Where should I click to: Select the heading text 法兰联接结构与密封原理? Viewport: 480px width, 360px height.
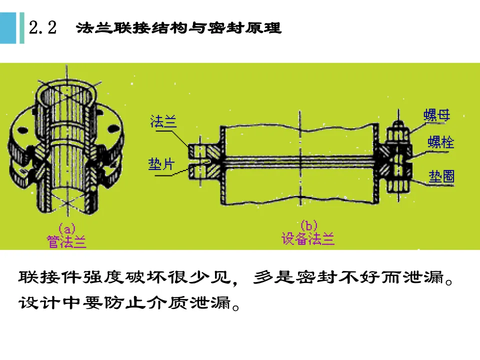[178, 28]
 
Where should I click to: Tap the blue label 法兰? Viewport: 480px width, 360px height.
[163, 122]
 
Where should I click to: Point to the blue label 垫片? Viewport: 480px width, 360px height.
[161, 164]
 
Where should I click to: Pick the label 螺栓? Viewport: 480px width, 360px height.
[440, 142]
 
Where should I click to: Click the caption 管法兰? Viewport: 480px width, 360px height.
[66, 242]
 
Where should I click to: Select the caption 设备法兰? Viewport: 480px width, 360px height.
[308, 239]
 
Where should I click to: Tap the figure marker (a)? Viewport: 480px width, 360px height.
[66, 228]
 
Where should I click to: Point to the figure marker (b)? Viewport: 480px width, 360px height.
[308, 226]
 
